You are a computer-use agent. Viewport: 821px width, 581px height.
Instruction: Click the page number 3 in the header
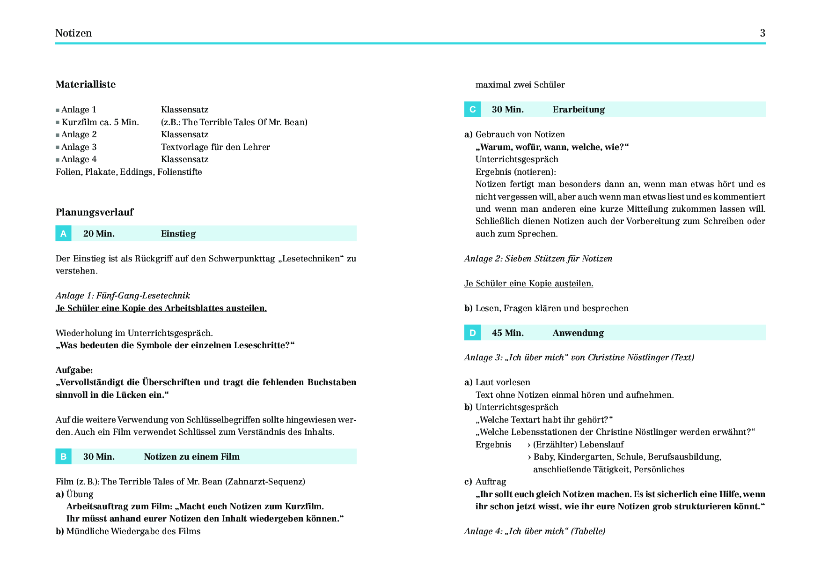[762, 33]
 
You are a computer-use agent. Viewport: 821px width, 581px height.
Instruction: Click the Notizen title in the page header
[73, 33]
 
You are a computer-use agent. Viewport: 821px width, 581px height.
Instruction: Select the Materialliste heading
[86, 84]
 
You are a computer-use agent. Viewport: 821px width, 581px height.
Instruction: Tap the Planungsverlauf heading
[95, 212]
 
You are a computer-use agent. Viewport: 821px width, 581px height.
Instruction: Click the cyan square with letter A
[64, 233]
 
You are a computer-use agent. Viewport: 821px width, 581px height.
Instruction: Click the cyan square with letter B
[64, 456]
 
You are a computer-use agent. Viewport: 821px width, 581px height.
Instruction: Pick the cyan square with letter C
[472, 109]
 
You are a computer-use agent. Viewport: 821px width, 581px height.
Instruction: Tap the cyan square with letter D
[472, 333]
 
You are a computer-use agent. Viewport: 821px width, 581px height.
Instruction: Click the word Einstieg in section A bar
[178, 233]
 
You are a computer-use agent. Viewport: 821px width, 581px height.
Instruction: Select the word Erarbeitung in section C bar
[579, 110]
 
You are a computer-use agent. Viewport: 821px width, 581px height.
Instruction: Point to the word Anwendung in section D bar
[578, 333]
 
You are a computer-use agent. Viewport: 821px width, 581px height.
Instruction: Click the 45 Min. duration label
[507, 333]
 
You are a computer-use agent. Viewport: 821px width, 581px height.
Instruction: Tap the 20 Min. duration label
[99, 233]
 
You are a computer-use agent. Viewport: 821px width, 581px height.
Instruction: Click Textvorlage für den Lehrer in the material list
[215, 147]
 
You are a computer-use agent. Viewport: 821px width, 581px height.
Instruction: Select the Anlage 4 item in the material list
[79, 159]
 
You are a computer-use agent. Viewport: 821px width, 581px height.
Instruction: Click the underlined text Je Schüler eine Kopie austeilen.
[528, 283]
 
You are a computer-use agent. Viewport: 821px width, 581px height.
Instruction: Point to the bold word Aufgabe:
[74, 370]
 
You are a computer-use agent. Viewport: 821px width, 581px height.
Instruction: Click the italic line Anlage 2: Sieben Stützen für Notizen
[538, 259]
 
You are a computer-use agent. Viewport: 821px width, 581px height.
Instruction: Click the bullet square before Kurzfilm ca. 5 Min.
[58, 123]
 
